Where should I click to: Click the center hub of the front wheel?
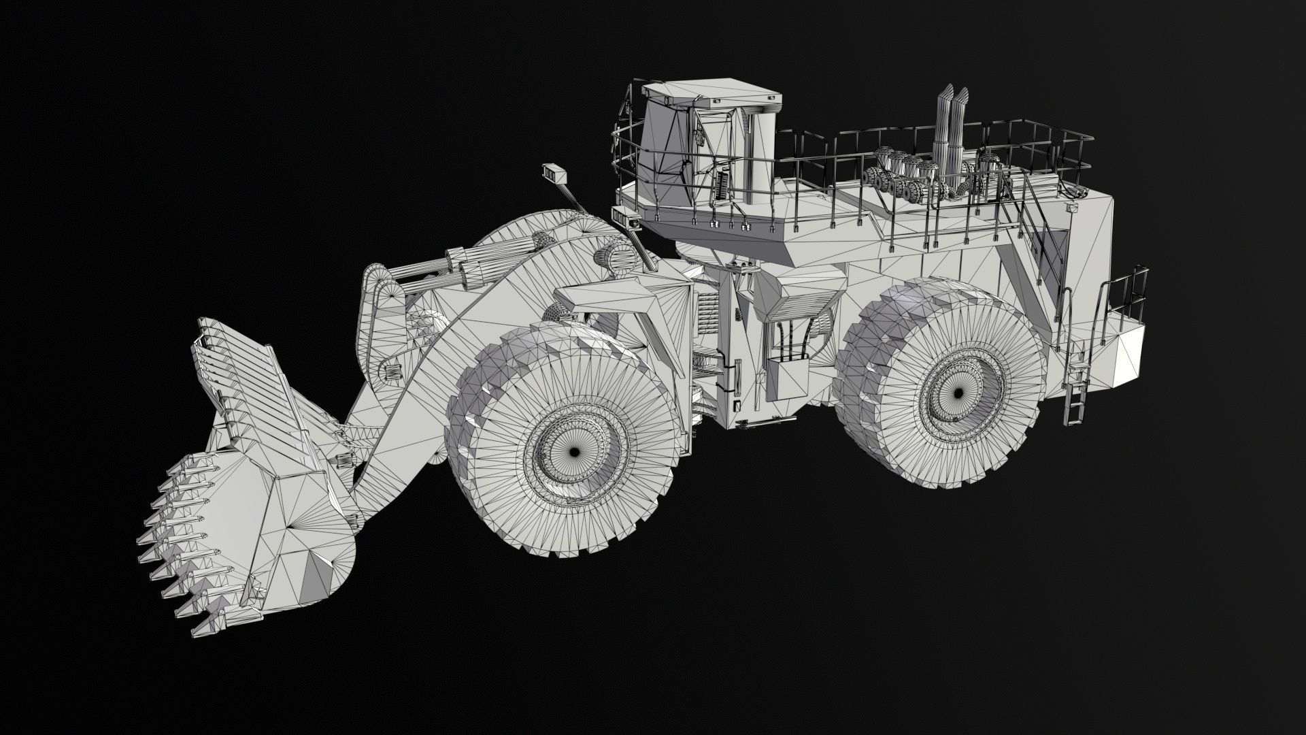tap(573, 452)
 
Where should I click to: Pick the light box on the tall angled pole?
tap(554, 173)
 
